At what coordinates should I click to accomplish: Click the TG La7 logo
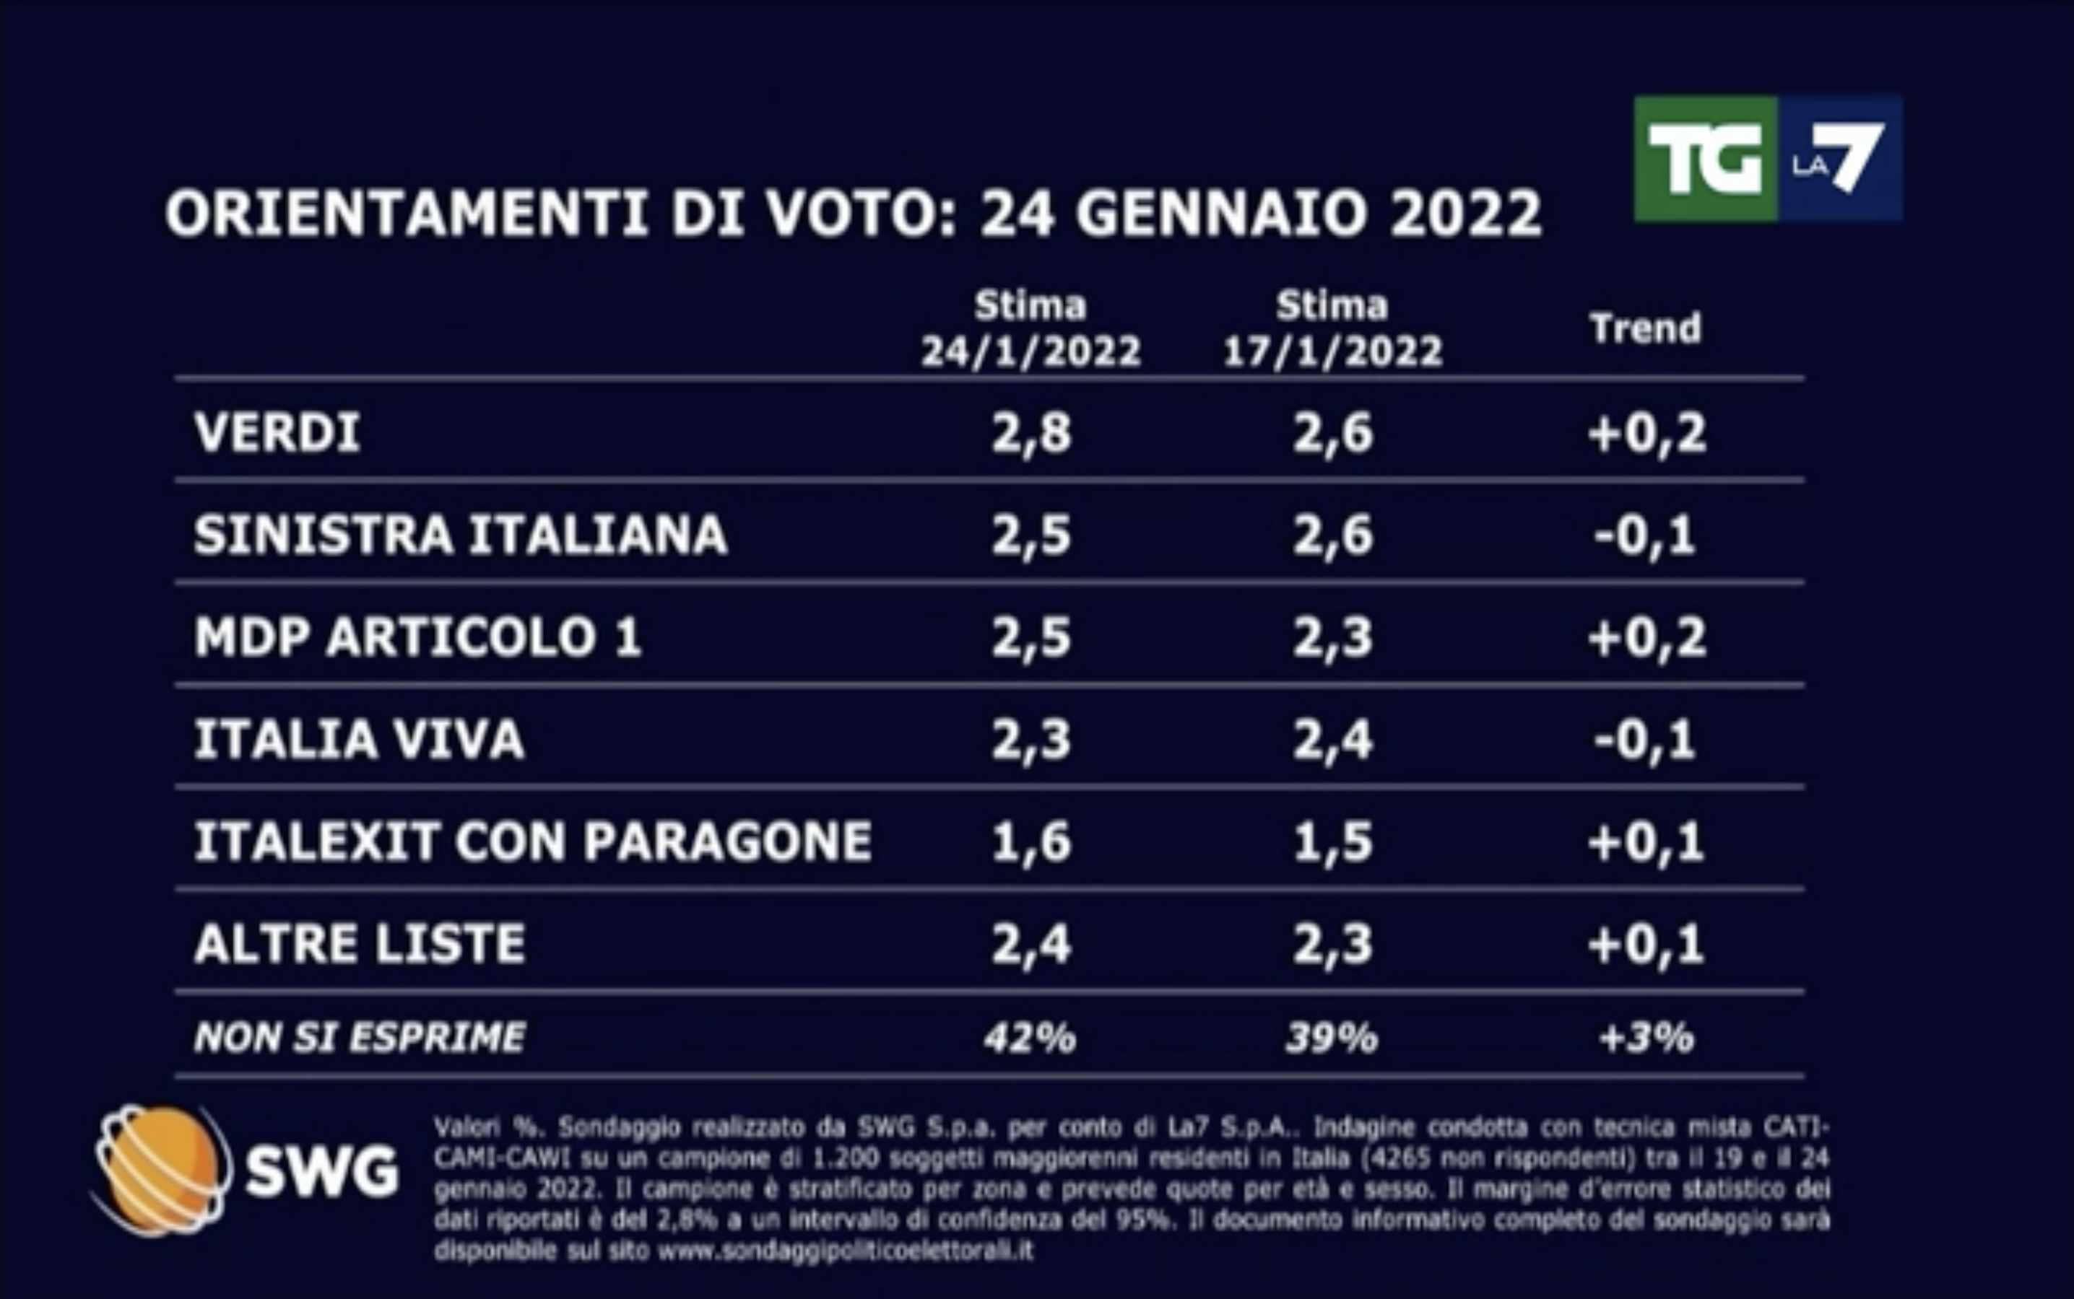pyautogui.click(x=1767, y=159)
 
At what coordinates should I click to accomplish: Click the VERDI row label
pyautogui.click(x=277, y=432)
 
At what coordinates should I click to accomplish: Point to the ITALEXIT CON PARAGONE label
pyautogui.click(x=533, y=841)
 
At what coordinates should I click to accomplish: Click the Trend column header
pyautogui.click(x=1645, y=328)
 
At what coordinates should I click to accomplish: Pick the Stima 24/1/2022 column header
pyautogui.click(x=1031, y=329)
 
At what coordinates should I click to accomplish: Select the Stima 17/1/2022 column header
pyautogui.click(x=1332, y=329)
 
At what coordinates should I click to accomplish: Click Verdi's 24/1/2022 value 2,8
pyautogui.click(x=1031, y=432)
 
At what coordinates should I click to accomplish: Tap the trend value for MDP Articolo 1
pyautogui.click(x=1646, y=637)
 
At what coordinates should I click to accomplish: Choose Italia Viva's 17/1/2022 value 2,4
pyautogui.click(x=1333, y=740)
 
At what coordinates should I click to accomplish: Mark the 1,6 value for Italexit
pyautogui.click(x=1031, y=841)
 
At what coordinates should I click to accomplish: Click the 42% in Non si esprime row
pyautogui.click(x=1030, y=1038)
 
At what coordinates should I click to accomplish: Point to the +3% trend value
pyautogui.click(x=1646, y=1038)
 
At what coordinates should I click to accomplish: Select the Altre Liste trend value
pyautogui.click(x=1646, y=944)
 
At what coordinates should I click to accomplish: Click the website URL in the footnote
pyautogui.click(x=845, y=1250)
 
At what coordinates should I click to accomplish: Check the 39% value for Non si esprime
pyautogui.click(x=1332, y=1038)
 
